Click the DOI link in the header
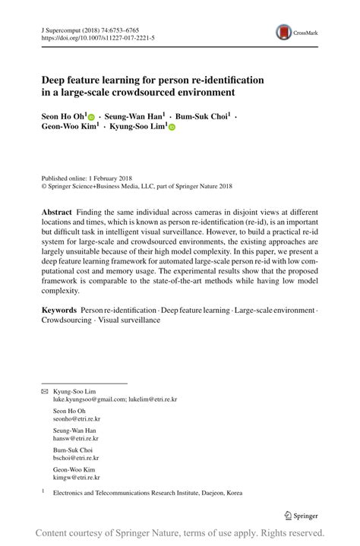coord(99,36)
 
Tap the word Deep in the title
coord(55,80)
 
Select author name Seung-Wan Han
coord(136,117)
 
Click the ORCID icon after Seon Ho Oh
coord(92,118)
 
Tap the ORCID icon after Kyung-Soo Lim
coord(172,128)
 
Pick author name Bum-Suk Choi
coord(203,117)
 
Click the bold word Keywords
coord(59,310)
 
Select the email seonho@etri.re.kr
coord(77,418)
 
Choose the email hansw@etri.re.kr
coord(75,438)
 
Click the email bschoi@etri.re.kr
coord(76,458)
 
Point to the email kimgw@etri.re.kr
coord(77,478)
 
